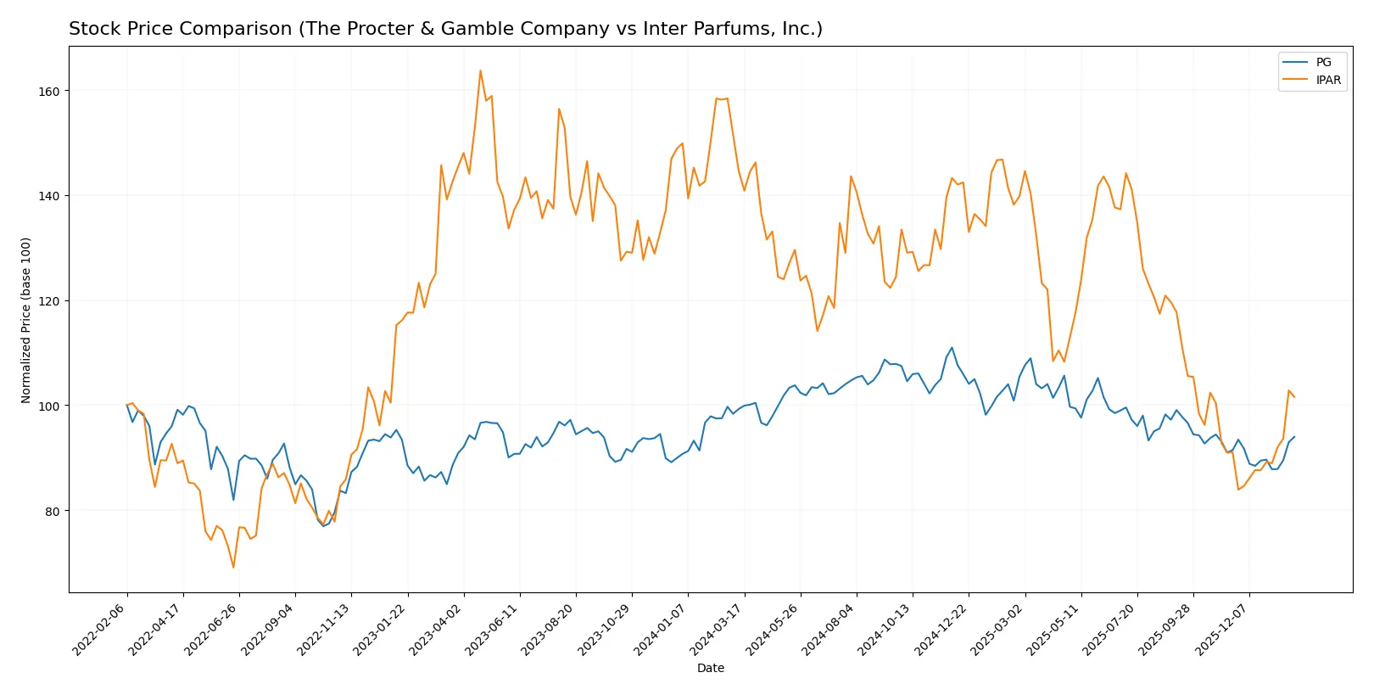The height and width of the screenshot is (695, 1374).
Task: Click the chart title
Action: (x=445, y=29)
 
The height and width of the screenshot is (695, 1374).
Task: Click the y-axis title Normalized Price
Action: (x=26, y=320)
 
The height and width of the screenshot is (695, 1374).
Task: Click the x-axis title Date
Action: (x=710, y=668)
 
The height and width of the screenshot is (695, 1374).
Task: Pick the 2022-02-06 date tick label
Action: (x=100, y=630)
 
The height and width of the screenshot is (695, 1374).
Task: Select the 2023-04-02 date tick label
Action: (x=437, y=630)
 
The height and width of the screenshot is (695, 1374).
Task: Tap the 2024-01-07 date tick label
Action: (x=662, y=630)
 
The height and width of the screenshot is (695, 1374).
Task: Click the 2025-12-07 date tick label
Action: (x=1223, y=630)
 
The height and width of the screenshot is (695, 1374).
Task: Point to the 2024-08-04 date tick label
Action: (x=829, y=630)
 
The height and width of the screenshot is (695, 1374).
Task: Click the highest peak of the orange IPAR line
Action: (x=480, y=70)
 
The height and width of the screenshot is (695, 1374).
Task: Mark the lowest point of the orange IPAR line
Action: (x=233, y=567)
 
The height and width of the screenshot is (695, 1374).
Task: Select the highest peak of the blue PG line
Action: (x=952, y=348)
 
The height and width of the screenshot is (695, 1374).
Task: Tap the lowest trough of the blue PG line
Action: (x=323, y=526)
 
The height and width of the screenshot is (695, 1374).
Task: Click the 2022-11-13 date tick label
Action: (x=325, y=630)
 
